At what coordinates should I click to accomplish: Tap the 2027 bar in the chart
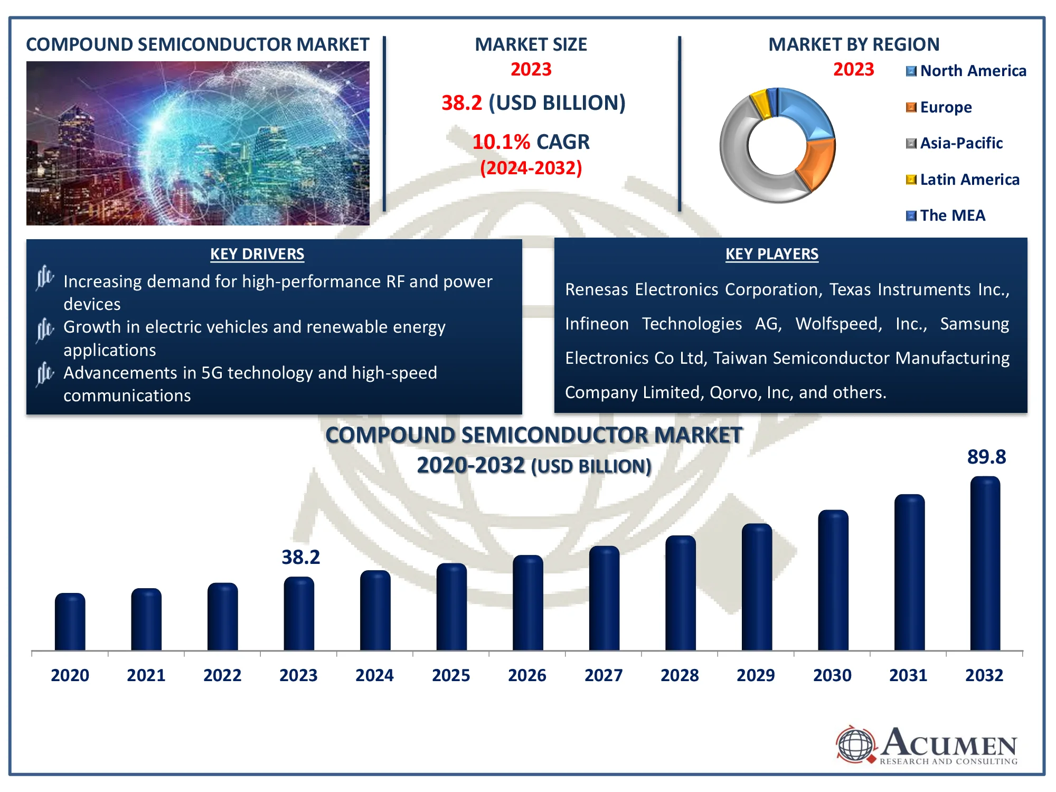click(x=604, y=599)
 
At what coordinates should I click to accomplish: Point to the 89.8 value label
click(x=986, y=457)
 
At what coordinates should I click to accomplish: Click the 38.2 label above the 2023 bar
click(x=300, y=558)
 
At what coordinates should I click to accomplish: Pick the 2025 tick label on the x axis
click(x=451, y=675)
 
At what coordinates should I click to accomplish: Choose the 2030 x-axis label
click(x=832, y=675)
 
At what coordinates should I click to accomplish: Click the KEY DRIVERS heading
click(x=257, y=254)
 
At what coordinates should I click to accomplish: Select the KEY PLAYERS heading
click(x=771, y=254)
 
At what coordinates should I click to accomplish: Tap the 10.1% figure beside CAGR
click(x=501, y=142)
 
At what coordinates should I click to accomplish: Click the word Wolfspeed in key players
click(x=838, y=324)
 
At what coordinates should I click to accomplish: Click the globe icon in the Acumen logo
click(x=855, y=745)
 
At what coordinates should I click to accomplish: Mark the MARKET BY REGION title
click(x=854, y=45)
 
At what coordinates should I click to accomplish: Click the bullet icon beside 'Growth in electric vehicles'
click(x=45, y=329)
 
